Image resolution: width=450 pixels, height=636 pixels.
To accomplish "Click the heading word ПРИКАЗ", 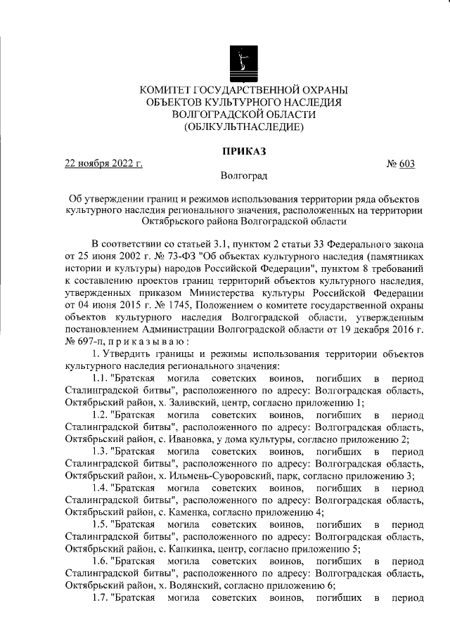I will (243, 151).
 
